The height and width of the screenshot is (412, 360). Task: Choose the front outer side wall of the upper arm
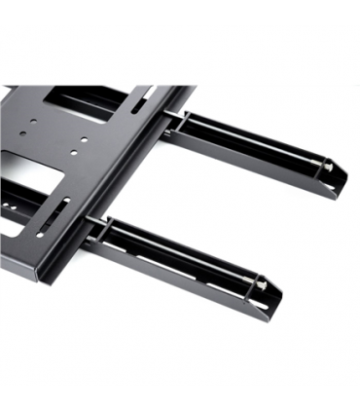(x=253, y=170)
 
